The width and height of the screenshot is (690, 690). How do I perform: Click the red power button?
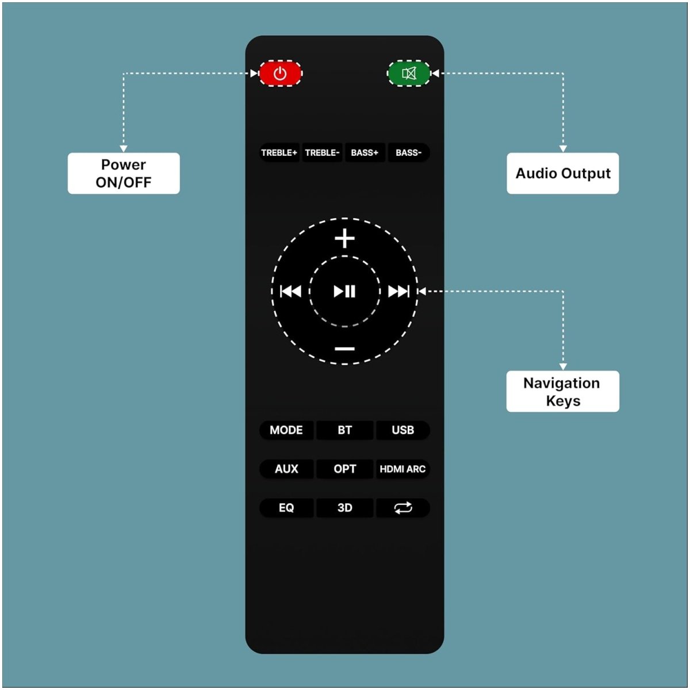pos(280,74)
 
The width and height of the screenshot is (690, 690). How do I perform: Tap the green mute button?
pos(409,74)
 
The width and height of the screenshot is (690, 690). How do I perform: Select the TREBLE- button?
pos(322,152)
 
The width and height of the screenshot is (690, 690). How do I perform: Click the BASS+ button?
pos(365,152)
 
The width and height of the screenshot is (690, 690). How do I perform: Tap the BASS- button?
pos(409,152)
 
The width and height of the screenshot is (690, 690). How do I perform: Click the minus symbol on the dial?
pos(344,348)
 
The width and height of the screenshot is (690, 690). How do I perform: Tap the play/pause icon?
pos(344,291)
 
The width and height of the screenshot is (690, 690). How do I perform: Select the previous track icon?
pos(290,291)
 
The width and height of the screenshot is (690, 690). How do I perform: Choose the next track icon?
pos(398,291)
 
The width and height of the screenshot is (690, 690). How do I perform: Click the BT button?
pos(345,430)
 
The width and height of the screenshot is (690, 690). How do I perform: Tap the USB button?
pos(403,430)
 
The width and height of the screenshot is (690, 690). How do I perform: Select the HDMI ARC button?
pos(403,469)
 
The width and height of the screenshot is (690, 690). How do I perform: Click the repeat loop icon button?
pos(403,507)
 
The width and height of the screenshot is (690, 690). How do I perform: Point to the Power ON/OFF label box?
pos(124,173)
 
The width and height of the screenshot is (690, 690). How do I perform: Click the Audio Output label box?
pos(562,173)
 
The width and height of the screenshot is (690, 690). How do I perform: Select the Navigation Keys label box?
pos(562,391)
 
